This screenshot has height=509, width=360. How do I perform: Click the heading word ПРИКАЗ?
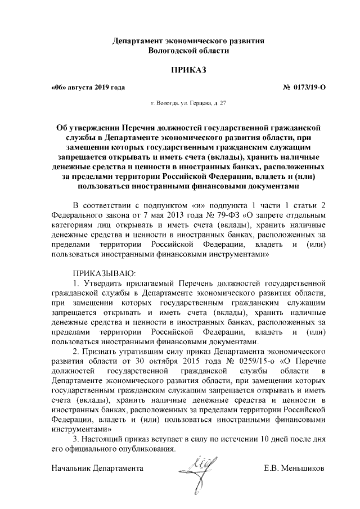point(181,70)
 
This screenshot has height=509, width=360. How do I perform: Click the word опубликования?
point(144,449)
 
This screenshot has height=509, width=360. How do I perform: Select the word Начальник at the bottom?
point(71,467)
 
